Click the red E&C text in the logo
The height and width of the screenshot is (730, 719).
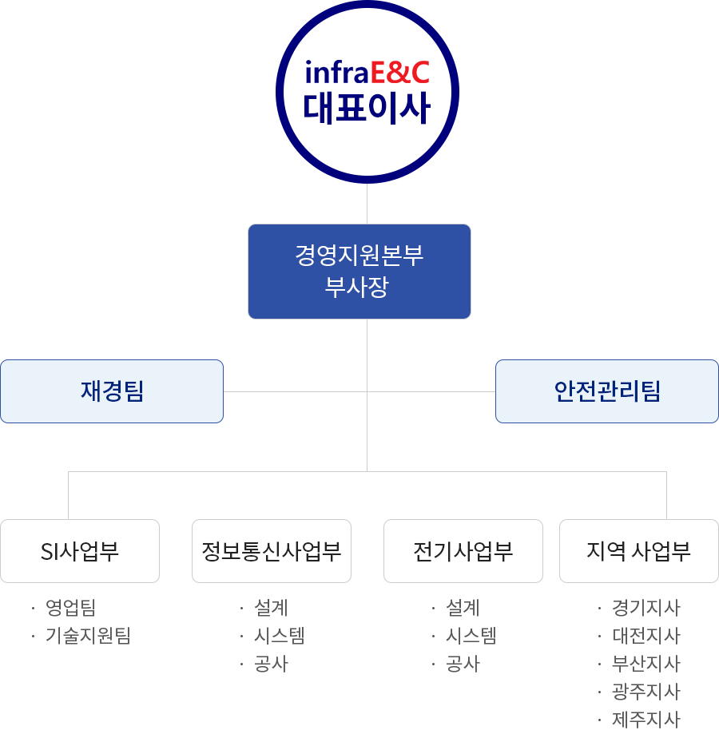(x=400, y=73)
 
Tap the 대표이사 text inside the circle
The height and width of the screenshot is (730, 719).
(x=367, y=109)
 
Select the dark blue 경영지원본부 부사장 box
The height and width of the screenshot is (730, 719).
(x=359, y=272)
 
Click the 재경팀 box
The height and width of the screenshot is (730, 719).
(x=112, y=391)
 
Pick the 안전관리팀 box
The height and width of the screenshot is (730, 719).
(x=607, y=391)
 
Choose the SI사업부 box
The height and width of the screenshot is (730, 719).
(x=80, y=551)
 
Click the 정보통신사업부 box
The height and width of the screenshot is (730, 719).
(x=272, y=551)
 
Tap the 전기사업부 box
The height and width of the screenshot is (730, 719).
(x=463, y=551)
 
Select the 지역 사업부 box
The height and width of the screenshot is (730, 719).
(x=639, y=551)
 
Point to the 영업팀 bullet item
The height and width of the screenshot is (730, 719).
(x=71, y=608)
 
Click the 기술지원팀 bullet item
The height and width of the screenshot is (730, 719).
(x=88, y=636)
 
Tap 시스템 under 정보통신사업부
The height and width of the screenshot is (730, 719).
(x=280, y=636)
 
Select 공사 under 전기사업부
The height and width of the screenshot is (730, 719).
(x=463, y=664)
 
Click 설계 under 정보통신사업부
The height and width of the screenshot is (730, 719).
(x=271, y=608)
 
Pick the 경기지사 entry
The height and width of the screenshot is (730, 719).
(x=646, y=608)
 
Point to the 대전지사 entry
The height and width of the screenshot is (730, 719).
(x=646, y=636)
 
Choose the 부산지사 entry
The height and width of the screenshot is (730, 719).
(x=646, y=664)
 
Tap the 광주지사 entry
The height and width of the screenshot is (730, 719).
(x=646, y=692)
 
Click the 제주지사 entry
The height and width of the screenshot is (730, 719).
(x=646, y=720)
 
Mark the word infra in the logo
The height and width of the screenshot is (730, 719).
(x=337, y=73)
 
